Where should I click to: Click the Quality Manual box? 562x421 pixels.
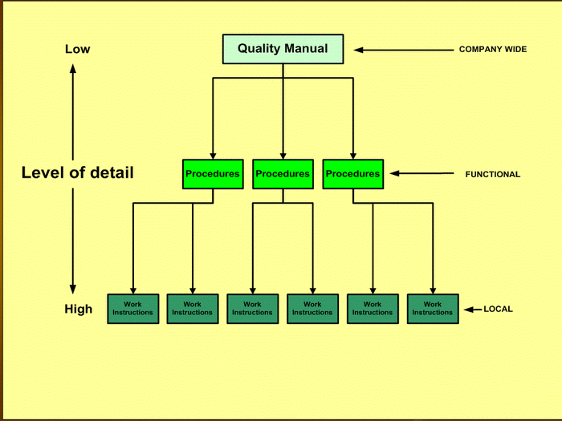point(283,49)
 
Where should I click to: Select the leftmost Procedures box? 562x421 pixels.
point(213,174)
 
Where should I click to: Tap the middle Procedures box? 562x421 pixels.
point(283,174)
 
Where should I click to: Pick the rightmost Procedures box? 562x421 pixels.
point(352,174)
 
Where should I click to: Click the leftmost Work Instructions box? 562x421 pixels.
point(132,309)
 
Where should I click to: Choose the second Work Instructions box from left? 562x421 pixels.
point(193,309)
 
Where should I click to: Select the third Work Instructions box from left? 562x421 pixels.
point(253,309)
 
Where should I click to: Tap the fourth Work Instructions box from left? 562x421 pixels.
point(312,309)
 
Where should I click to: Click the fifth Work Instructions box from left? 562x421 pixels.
point(373,309)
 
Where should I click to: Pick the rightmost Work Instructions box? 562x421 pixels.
point(433,309)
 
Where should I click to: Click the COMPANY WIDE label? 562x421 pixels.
point(493,50)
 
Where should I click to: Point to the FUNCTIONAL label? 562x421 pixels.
point(493,174)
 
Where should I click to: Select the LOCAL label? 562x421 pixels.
point(498,309)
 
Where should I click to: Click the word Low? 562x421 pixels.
point(78,50)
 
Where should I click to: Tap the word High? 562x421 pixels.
point(79,309)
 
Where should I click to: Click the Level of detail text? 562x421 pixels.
point(78,172)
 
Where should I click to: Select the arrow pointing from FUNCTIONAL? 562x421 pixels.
point(421,173)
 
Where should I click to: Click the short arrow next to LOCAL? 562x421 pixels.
point(471,309)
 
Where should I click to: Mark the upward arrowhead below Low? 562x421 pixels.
point(73,69)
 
